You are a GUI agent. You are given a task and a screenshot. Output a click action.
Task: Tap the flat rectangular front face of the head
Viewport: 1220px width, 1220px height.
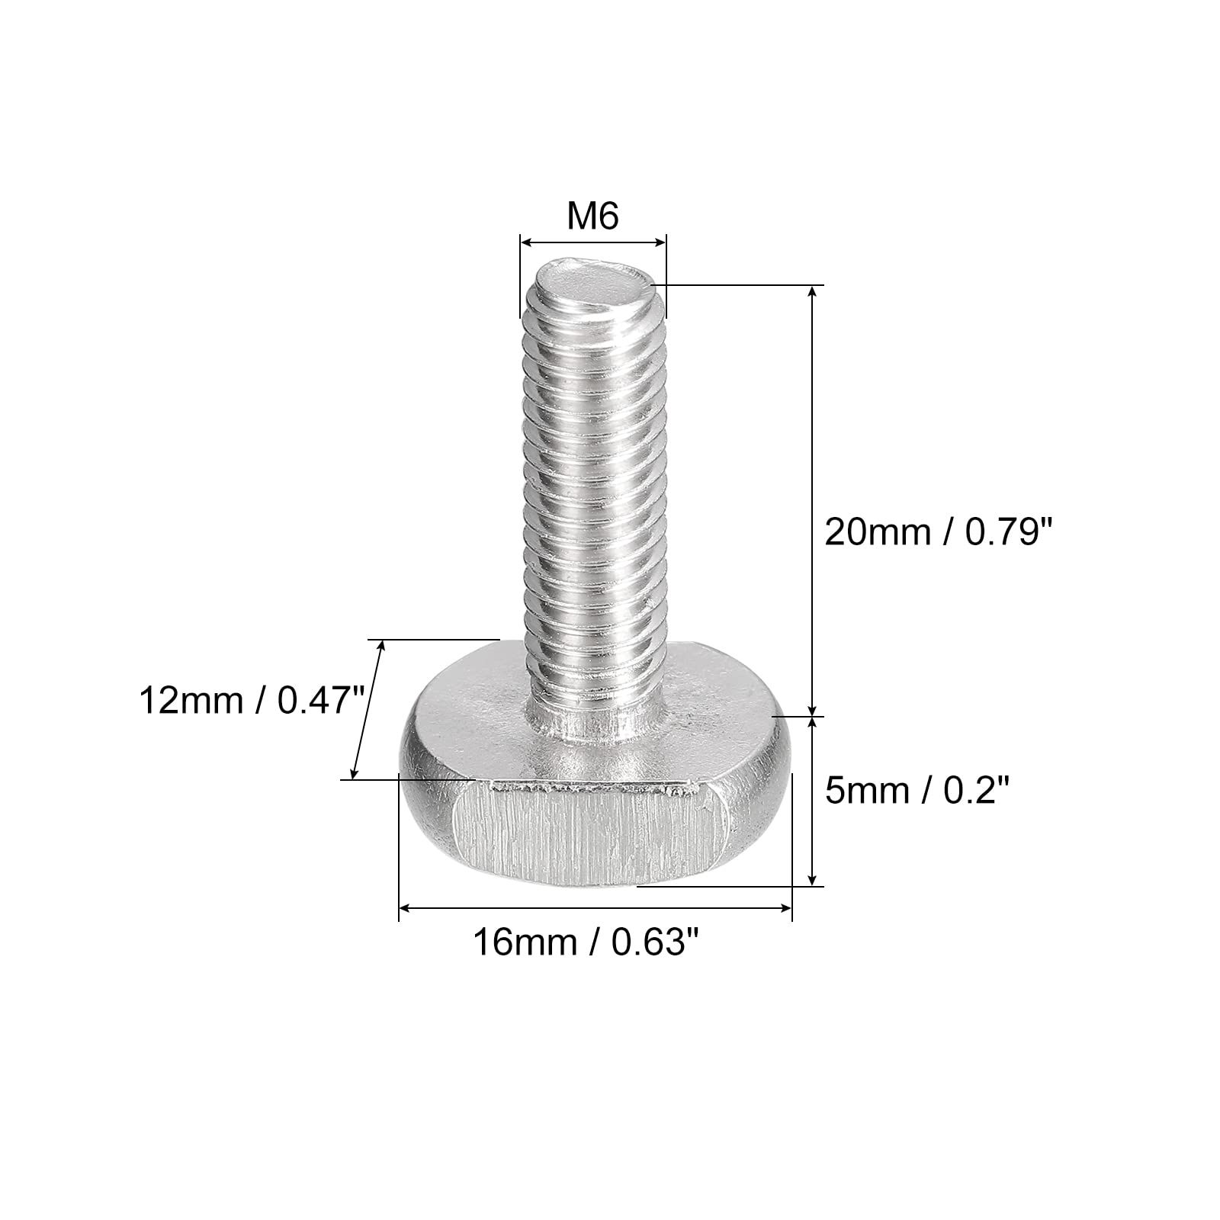pyautogui.click(x=586, y=834)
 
